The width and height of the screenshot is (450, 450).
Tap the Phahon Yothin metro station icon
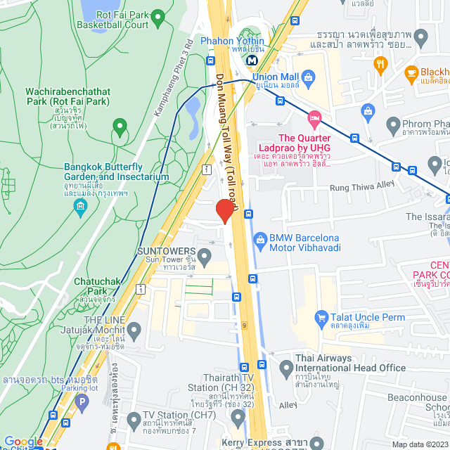point(251,60)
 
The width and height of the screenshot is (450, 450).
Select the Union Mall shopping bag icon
point(307,76)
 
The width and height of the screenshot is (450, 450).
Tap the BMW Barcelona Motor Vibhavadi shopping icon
point(259,239)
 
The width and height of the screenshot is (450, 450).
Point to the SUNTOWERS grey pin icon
point(205,254)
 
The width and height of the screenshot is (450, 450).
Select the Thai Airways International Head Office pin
point(286,366)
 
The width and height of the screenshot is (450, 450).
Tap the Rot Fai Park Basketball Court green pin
point(158,15)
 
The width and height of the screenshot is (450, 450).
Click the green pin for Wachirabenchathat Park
point(120,127)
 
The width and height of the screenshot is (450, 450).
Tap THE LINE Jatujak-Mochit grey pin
point(134,329)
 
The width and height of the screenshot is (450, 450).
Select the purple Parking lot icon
point(82,403)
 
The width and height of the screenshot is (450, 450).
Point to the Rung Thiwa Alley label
point(362,188)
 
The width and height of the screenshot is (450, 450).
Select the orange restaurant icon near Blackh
point(382,64)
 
